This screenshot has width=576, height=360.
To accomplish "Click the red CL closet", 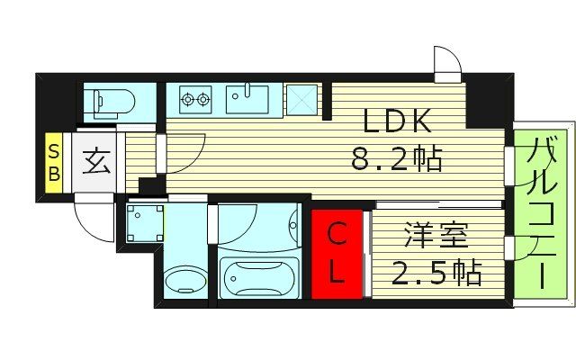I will [337, 253].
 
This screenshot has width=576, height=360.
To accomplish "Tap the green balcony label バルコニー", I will [542, 212].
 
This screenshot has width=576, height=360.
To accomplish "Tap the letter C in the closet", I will [335, 237].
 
